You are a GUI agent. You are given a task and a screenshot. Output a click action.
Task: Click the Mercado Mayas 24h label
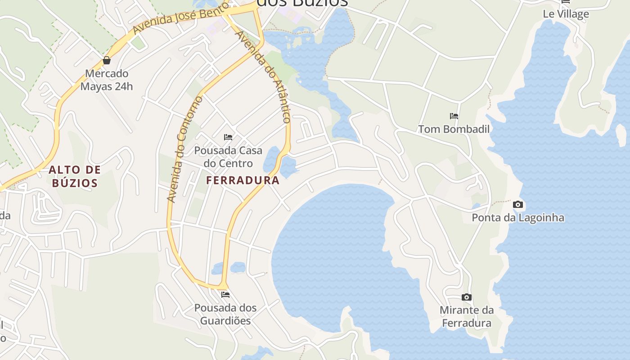(107, 80)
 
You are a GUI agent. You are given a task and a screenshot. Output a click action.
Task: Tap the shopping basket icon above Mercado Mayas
(107, 60)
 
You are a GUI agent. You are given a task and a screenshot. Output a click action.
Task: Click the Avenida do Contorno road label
(185, 149)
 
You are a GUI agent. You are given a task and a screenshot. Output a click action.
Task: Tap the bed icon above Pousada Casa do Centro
(228, 137)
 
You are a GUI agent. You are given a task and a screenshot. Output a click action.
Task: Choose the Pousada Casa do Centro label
(228, 157)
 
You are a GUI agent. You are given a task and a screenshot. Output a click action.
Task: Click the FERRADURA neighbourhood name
(243, 180)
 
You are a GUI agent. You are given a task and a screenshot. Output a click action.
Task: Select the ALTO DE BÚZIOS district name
(75, 176)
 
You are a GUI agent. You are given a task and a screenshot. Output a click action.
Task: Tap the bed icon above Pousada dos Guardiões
(225, 294)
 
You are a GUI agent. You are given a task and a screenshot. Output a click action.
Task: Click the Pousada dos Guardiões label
(225, 314)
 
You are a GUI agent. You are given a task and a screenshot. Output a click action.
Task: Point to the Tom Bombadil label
(454, 129)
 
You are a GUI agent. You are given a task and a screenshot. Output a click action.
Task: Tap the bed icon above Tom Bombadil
(454, 116)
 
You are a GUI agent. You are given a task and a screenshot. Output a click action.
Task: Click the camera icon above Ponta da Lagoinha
(518, 204)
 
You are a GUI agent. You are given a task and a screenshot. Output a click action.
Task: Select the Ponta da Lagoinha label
(518, 218)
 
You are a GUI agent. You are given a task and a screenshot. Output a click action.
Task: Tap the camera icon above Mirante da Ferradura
(467, 297)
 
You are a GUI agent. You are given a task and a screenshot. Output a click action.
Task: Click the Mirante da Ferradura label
(467, 316)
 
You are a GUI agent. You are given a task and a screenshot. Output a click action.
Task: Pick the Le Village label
(566, 14)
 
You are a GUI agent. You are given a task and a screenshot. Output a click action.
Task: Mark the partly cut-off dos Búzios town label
(302, 3)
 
